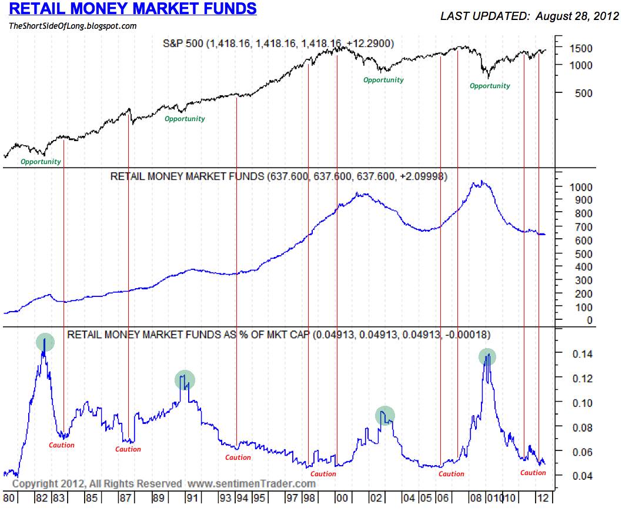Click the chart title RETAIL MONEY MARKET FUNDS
[x=133, y=8]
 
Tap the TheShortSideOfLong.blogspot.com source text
[x=72, y=26]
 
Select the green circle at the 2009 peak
[x=487, y=356]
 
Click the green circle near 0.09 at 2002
[x=385, y=416]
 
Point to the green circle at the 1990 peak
[x=185, y=380]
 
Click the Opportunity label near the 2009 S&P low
[x=490, y=86]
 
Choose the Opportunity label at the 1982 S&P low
[x=41, y=162]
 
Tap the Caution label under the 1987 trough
[x=128, y=449]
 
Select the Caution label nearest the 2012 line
[x=533, y=473]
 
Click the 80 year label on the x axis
[x=9, y=498]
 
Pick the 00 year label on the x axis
[x=342, y=498]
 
